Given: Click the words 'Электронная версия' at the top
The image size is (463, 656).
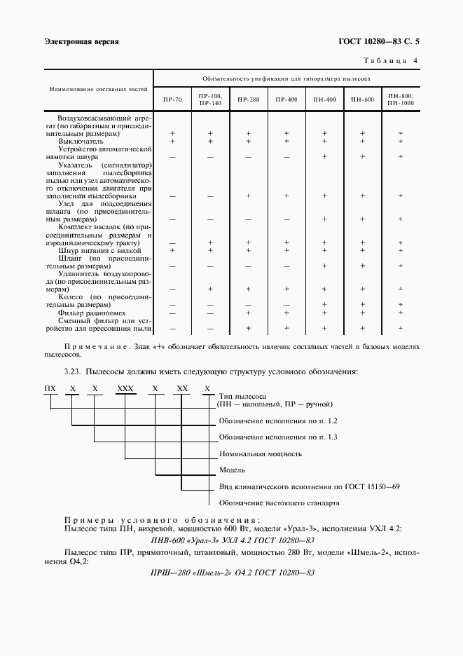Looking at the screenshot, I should click(x=81, y=42).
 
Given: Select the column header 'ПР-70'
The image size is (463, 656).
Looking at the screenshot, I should click(x=172, y=100).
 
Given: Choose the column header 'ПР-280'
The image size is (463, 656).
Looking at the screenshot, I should click(x=248, y=100).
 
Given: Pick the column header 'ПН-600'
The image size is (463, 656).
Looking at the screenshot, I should click(x=363, y=100).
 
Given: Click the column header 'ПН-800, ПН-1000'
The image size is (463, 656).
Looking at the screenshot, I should click(x=401, y=100).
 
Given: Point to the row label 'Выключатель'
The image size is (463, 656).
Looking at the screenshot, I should click(x=82, y=141).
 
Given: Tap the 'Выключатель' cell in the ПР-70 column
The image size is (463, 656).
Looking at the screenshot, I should click(x=172, y=141).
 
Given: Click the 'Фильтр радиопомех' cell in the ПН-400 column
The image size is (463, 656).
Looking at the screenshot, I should click(x=324, y=313).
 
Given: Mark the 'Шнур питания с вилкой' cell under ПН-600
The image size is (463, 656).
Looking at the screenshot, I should click(x=363, y=250).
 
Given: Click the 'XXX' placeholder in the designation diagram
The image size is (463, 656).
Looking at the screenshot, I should click(x=125, y=388).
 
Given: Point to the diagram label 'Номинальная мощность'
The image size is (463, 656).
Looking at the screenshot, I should click(x=260, y=453).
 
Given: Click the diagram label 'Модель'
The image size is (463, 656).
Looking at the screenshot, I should click(x=232, y=470).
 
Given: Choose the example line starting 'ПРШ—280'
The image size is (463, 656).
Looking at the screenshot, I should click(x=233, y=573).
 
